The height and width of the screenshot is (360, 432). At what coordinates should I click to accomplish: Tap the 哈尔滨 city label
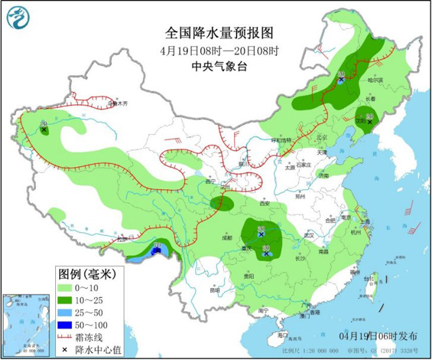[376, 80]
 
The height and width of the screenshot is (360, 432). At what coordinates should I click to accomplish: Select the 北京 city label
[322, 137]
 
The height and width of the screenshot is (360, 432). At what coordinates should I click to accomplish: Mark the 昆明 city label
[213, 290]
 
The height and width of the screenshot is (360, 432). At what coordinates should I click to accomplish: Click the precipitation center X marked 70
[157, 250]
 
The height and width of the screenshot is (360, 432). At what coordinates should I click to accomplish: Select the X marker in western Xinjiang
[44, 130]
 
